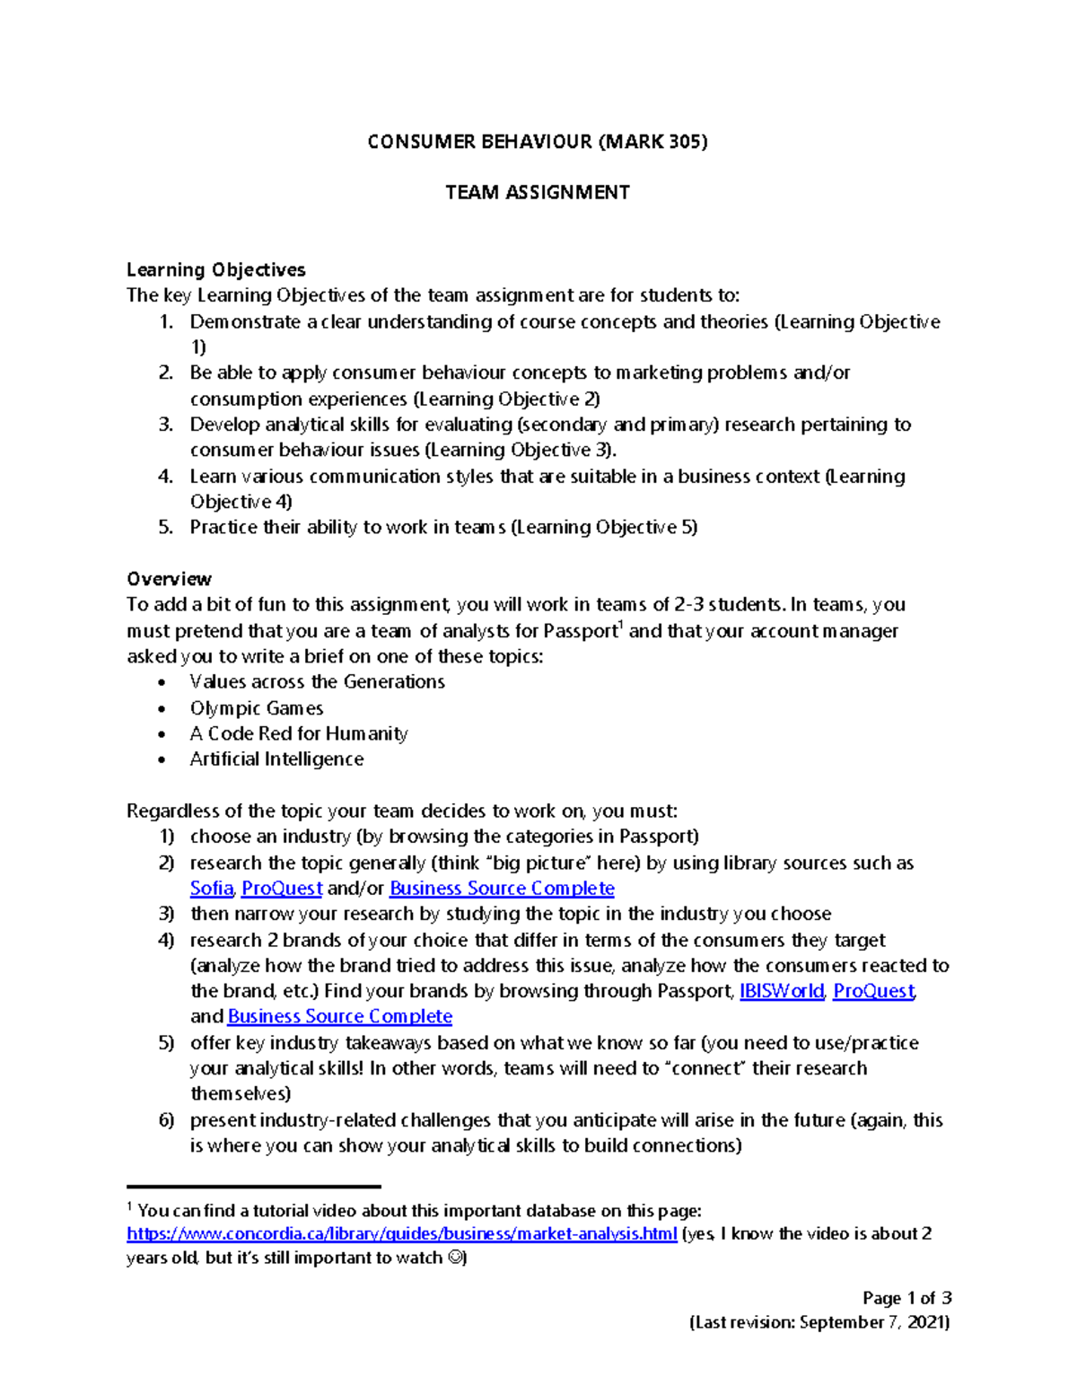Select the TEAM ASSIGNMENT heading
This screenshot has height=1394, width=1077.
(538, 192)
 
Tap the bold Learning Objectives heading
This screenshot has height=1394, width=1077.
(215, 269)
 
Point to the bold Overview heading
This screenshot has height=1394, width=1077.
(169, 579)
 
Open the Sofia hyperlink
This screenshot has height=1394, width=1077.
(212, 888)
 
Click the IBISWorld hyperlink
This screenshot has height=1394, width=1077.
(781, 991)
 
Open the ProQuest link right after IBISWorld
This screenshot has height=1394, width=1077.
(873, 991)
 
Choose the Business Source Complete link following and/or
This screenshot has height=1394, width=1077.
(502, 888)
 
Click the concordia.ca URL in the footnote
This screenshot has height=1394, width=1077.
(401, 1233)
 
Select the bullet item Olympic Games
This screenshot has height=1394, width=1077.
(256, 708)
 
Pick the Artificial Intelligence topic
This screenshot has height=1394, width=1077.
(276, 759)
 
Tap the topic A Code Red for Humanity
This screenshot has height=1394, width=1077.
(298, 733)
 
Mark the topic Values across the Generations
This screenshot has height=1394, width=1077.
(317, 682)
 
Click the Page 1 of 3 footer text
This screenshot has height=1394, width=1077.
(906, 1298)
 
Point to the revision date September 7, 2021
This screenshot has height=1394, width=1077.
(874, 1322)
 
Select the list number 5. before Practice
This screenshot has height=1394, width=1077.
(165, 527)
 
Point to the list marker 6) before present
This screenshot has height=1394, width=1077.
(166, 1120)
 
